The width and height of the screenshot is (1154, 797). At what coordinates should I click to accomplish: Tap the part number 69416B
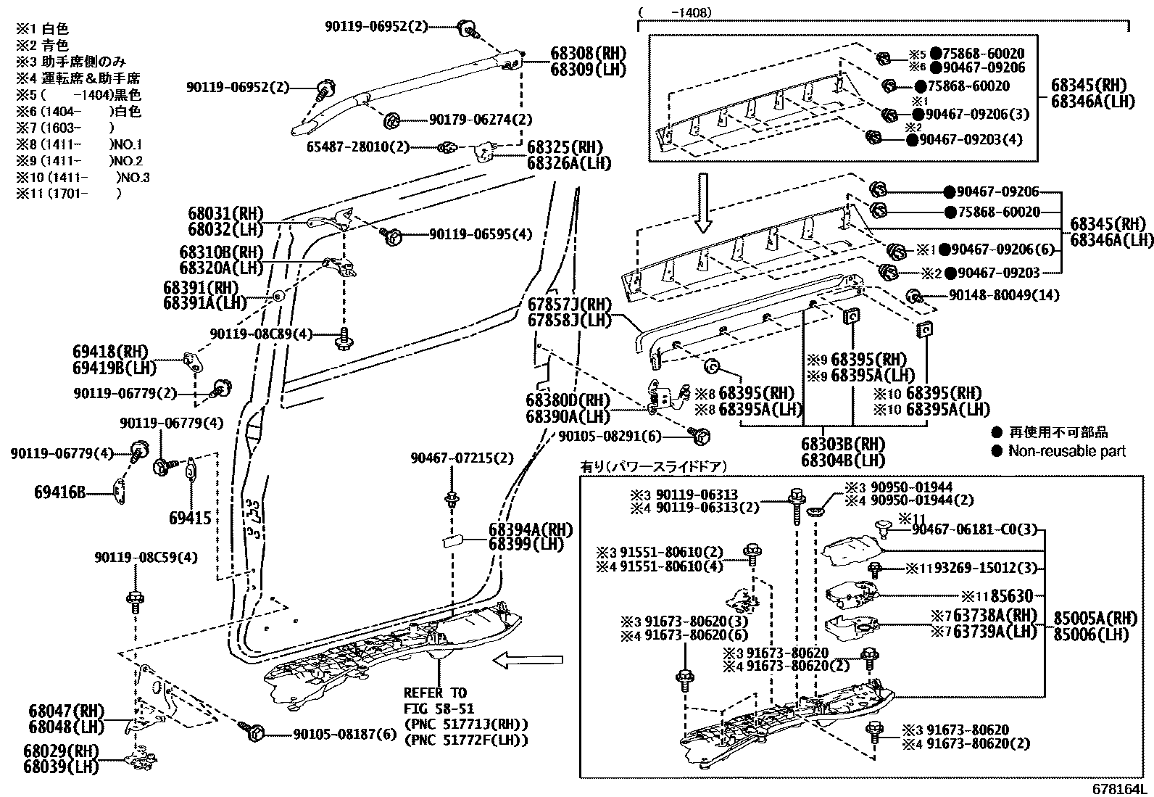(61, 492)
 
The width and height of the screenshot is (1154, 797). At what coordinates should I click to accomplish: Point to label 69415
(190, 518)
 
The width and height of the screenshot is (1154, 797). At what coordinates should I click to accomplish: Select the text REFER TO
(435, 693)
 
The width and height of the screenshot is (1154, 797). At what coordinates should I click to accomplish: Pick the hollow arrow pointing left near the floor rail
(527, 659)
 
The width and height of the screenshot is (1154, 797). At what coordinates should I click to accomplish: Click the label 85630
(1011, 596)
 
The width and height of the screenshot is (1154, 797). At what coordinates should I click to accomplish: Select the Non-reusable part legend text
(1066, 451)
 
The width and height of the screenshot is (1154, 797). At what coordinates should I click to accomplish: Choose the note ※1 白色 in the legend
(43, 29)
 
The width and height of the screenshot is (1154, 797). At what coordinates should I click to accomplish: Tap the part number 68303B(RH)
(843, 445)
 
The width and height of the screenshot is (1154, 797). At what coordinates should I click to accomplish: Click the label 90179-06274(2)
(480, 120)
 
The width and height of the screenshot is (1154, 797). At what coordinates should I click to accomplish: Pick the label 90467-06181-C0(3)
(975, 530)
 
